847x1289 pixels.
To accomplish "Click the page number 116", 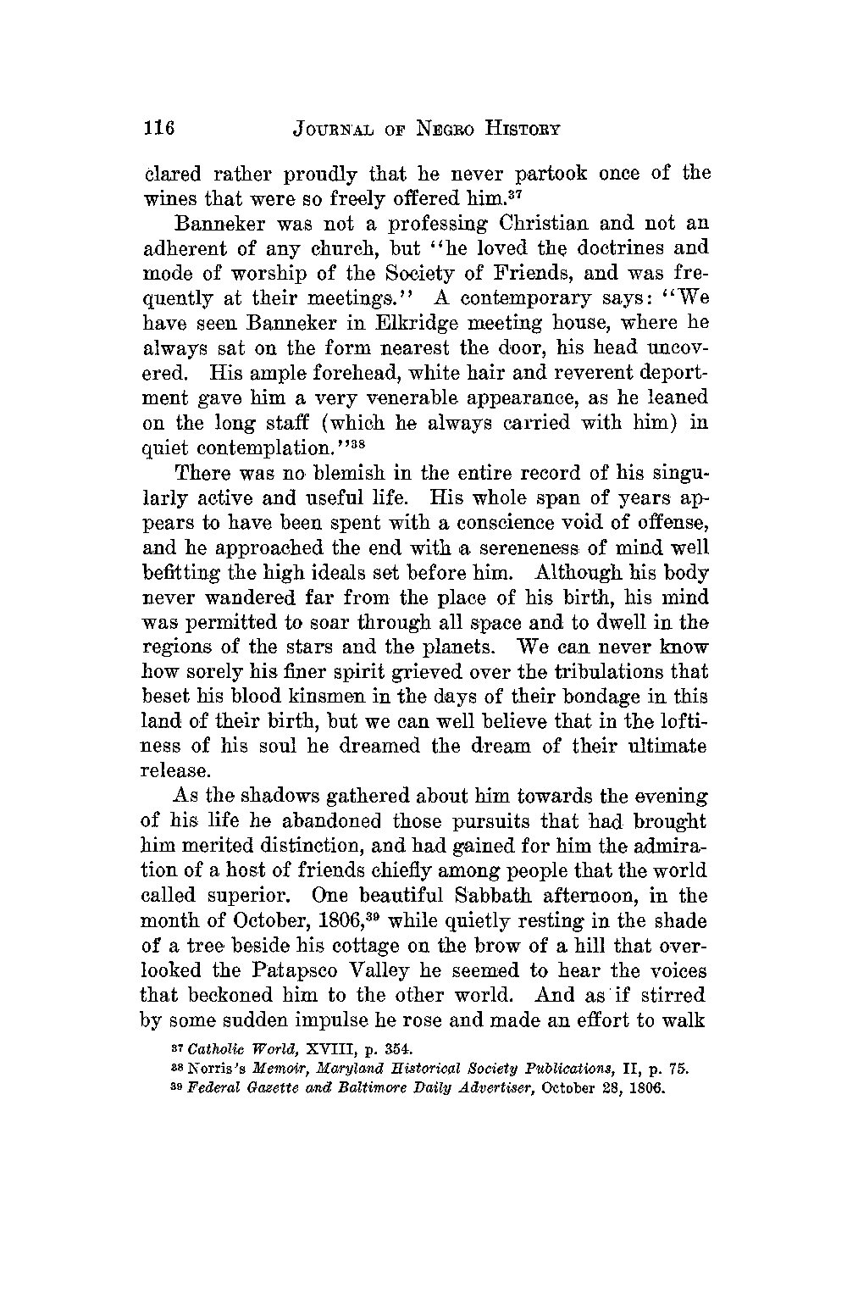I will [158, 130].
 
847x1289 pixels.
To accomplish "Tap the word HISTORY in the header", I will [518, 130].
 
